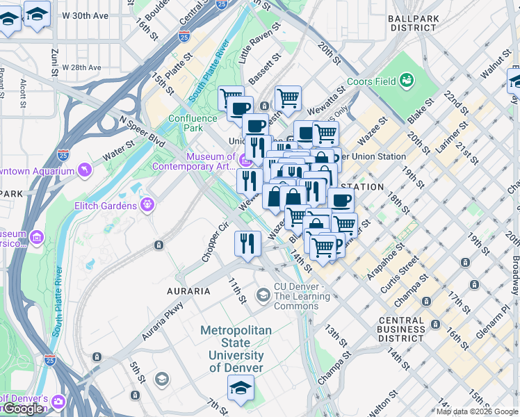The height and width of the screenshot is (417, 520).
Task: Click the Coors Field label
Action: (370, 81)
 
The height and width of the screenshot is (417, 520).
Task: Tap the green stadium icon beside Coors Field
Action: (406, 81)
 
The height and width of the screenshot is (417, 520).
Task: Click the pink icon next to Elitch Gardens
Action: (147, 204)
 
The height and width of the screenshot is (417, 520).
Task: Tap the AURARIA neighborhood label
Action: (188, 291)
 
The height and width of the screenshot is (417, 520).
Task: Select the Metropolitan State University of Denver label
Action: (236, 349)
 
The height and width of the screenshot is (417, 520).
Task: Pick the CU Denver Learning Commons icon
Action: (263, 295)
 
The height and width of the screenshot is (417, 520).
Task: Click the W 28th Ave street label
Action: (82, 67)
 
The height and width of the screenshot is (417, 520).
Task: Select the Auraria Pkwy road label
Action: (163, 320)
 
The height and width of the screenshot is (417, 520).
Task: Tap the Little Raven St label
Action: (259, 43)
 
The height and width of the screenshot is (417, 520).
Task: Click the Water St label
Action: (120, 148)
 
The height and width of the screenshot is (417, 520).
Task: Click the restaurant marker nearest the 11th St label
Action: (247, 243)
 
